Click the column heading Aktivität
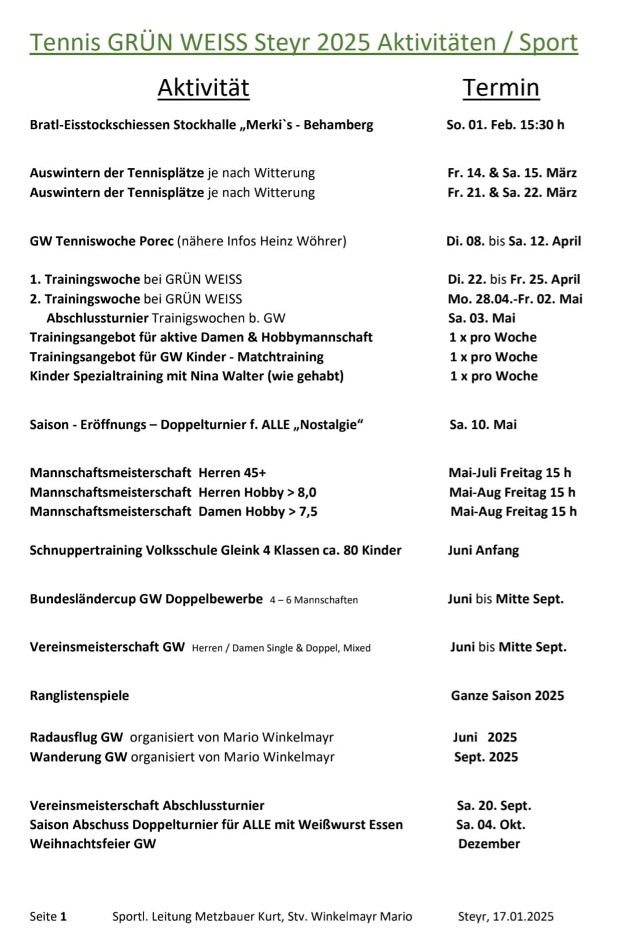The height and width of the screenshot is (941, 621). coord(204,88)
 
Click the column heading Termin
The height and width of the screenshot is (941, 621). coord(501,88)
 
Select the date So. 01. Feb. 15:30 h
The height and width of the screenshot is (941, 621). coord(505,125)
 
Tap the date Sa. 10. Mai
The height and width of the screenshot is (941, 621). coord(483,425)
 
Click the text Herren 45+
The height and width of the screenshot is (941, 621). coord(232,473)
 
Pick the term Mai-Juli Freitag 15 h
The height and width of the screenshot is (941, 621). coord(509,473)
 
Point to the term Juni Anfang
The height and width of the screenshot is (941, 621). coord(483,550)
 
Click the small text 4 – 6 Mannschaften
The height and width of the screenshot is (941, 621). coord(313,600)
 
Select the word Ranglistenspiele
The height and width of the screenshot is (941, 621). coord(79,696)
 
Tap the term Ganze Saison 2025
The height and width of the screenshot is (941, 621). coord(507,696)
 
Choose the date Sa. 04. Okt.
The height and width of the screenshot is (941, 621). coord(490,825)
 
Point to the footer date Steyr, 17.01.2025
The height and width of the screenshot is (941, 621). coord(505,917)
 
